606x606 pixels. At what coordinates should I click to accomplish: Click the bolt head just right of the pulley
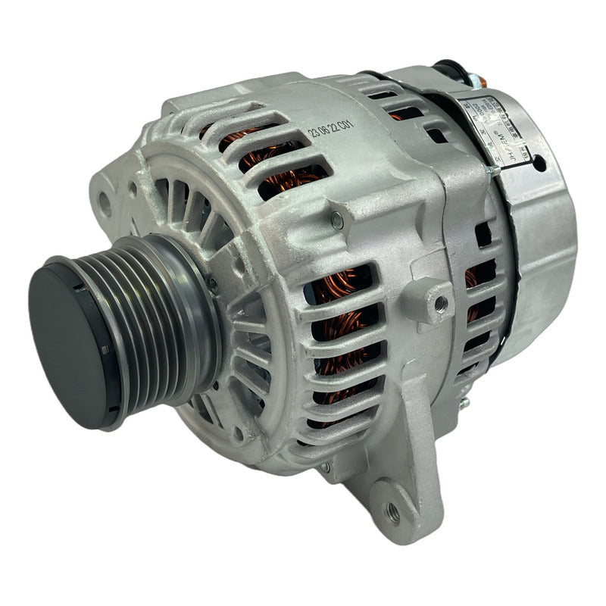click(213, 285)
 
